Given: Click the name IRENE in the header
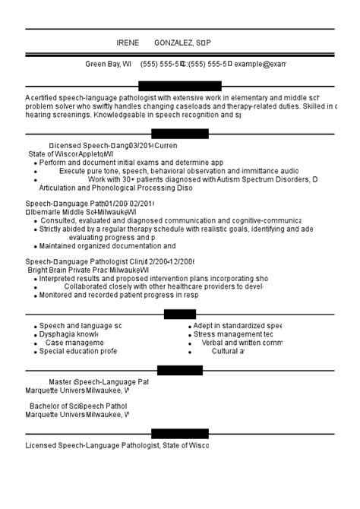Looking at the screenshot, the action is (x=128, y=43).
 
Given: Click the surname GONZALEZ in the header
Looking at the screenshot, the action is (x=173, y=43).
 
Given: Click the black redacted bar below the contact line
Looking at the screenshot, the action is (x=180, y=86).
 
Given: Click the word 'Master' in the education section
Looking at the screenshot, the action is (x=60, y=381).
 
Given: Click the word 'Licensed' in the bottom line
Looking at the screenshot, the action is (x=42, y=445).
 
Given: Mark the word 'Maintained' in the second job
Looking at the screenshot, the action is (x=63, y=245).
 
